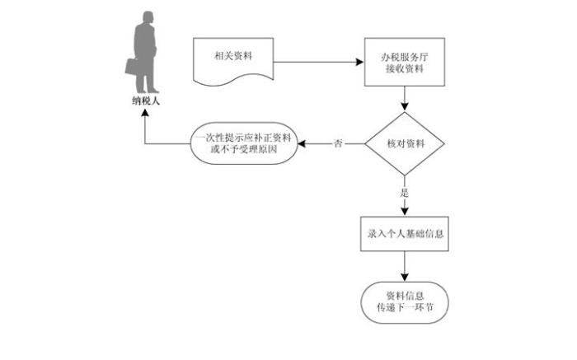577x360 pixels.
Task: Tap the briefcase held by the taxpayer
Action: click(x=133, y=66)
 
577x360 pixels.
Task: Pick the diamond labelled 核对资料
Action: click(x=405, y=144)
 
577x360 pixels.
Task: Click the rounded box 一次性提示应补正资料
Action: click(x=244, y=143)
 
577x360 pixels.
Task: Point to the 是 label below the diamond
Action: click(x=405, y=192)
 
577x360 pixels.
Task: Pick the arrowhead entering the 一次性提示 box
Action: click(x=302, y=144)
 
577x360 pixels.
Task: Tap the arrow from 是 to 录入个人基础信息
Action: click(x=405, y=206)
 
